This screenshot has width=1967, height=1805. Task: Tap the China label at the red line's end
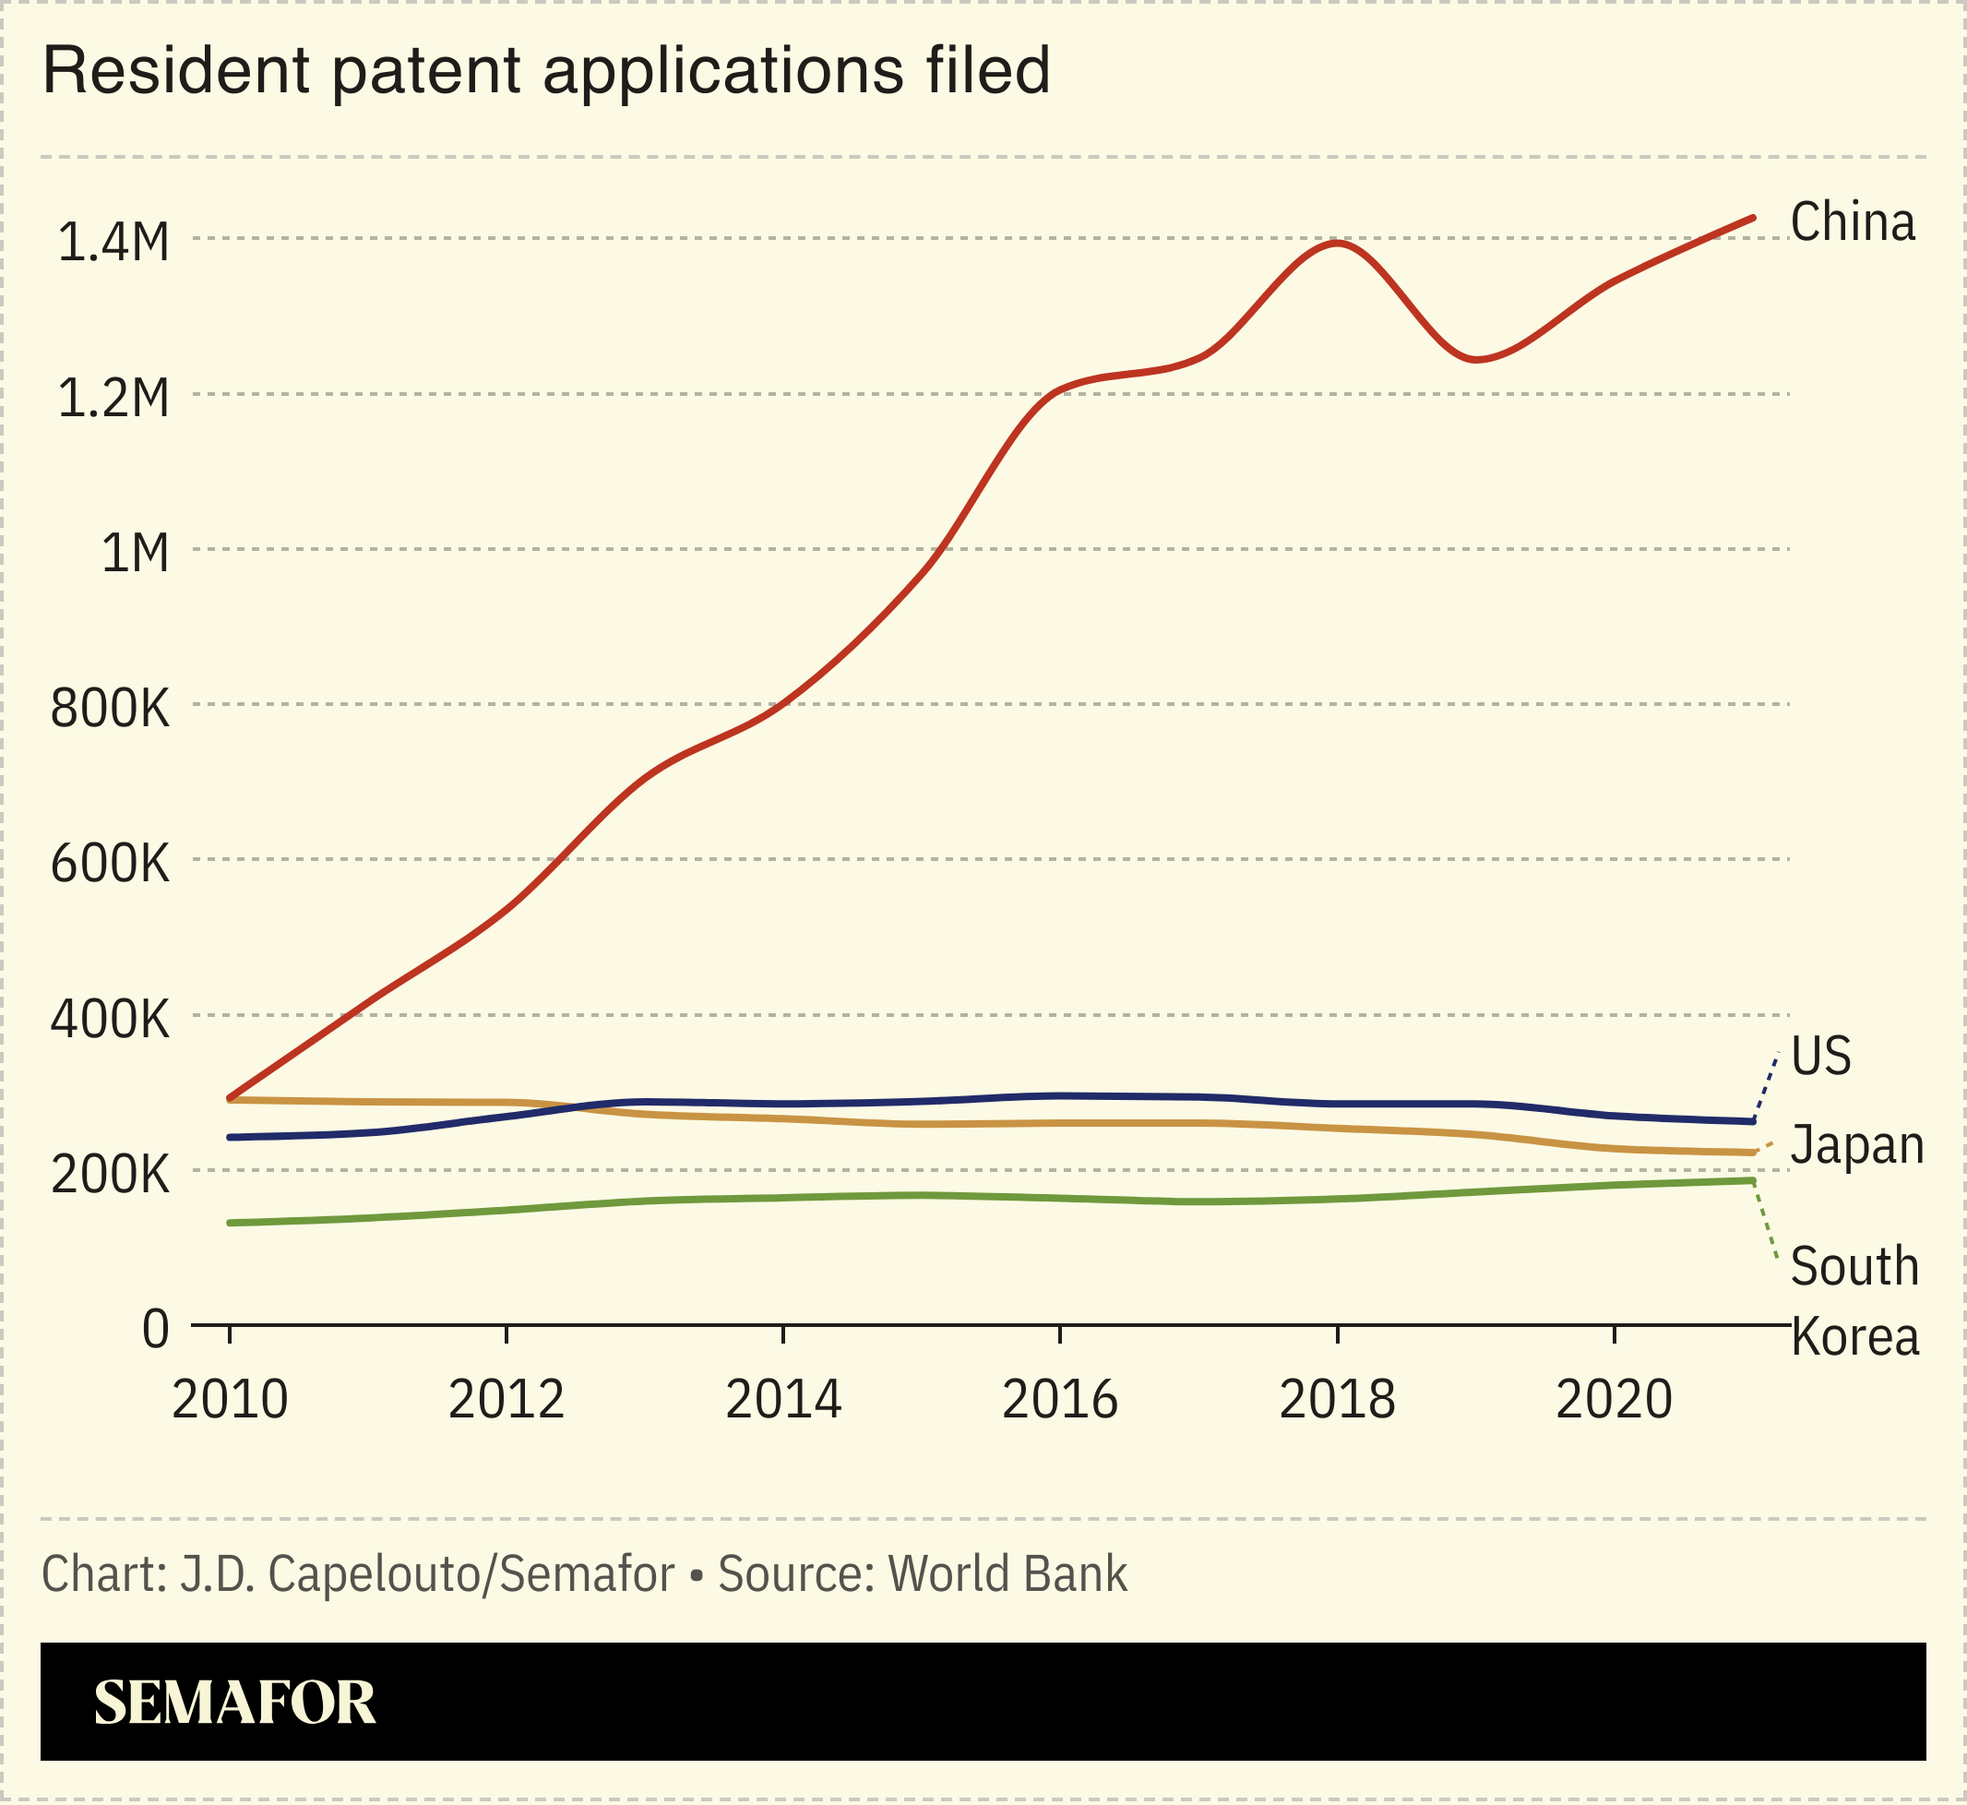click(1853, 221)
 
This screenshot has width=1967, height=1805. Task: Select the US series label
click(1820, 1056)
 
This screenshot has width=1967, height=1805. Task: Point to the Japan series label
click(1855, 1143)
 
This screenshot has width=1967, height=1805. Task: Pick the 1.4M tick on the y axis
click(113, 241)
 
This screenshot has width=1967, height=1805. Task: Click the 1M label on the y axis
click(135, 553)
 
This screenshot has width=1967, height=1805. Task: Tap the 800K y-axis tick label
click(110, 708)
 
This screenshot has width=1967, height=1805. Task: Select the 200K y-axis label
click(110, 1174)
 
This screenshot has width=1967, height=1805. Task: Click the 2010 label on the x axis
click(230, 1400)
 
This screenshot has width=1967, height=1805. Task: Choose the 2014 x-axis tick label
click(783, 1400)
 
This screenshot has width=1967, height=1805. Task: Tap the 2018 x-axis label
click(1337, 1400)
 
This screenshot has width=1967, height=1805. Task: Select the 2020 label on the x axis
click(1614, 1400)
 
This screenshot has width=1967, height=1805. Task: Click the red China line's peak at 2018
click(1337, 242)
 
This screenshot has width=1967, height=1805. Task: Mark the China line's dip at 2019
click(1477, 360)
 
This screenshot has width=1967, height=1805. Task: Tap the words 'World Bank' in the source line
click(1007, 1573)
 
